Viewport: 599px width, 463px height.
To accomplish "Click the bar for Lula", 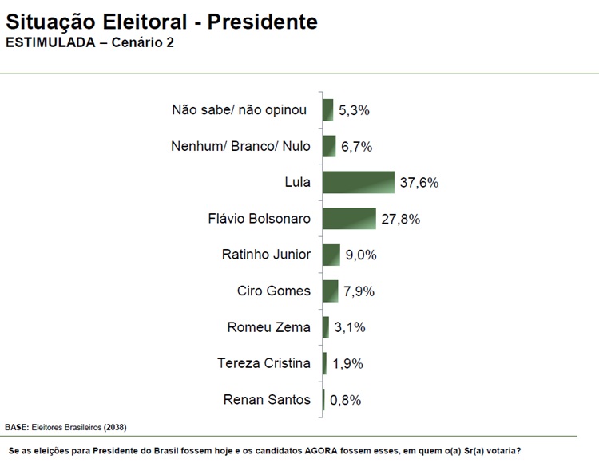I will (358, 182).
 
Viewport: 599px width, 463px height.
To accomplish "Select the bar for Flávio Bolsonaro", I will (349, 218).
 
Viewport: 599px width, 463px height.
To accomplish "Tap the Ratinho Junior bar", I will (331, 255).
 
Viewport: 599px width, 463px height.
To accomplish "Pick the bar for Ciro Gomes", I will (330, 291).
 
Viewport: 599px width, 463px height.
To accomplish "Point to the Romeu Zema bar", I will (326, 327).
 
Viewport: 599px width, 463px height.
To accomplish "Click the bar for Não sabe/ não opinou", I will (327, 110).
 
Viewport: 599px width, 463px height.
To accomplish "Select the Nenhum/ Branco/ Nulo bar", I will (329, 146).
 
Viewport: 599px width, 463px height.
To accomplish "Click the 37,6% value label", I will (419, 183).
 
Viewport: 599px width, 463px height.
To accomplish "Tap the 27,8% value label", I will (400, 219).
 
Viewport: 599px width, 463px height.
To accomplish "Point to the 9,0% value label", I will (360, 255).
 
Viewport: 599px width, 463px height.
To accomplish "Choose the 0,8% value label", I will (345, 400).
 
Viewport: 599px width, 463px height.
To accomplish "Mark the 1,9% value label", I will (347, 364).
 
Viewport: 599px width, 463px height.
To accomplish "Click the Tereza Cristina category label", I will (264, 363).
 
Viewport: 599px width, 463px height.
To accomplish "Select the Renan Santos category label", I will (268, 399).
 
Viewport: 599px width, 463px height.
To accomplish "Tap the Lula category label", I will (297, 182).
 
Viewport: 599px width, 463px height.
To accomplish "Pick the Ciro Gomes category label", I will (273, 291).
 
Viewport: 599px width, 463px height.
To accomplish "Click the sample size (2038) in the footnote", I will (114, 426).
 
